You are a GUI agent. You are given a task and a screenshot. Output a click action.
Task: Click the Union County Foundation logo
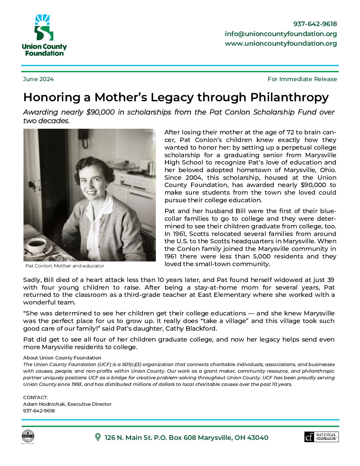[44, 35]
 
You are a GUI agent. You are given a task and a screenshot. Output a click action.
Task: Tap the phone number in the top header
[315, 24]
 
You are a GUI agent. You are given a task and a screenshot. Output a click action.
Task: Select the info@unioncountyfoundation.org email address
[281, 34]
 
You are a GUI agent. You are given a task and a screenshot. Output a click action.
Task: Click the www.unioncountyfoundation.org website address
[281, 43]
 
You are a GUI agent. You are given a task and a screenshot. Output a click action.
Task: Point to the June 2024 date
[38, 79]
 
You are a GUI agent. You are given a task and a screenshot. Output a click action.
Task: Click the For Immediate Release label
[302, 79]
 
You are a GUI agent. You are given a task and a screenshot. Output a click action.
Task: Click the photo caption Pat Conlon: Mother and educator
[65, 266]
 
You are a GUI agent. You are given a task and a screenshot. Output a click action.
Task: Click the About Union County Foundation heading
[62, 358]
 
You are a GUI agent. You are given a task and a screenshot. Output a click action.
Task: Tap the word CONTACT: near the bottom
[35, 397]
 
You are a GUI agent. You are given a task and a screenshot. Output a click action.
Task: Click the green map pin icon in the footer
[98, 437]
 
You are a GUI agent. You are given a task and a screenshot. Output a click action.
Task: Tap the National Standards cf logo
[321, 437]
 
